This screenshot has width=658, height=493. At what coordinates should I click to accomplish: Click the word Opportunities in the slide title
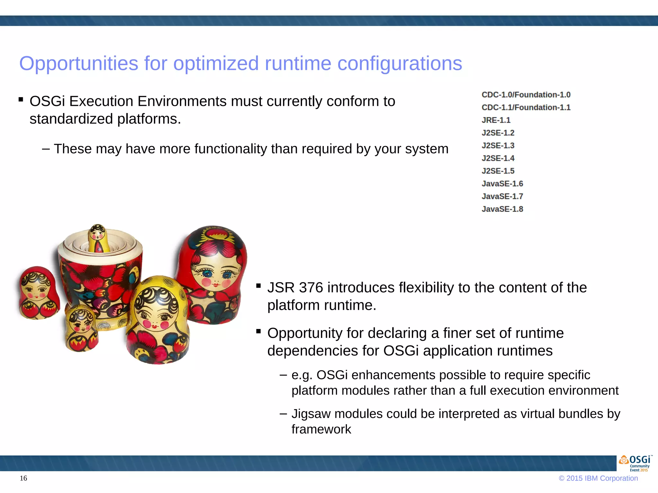[79, 64]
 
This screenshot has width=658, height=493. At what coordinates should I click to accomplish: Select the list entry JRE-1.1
[496, 120]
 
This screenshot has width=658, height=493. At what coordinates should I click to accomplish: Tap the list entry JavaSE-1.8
[502, 209]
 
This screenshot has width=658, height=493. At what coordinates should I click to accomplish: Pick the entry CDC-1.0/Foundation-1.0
[526, 95]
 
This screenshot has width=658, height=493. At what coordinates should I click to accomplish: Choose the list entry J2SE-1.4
[498, 158]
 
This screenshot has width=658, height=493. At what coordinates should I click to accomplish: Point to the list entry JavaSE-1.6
[502, 184]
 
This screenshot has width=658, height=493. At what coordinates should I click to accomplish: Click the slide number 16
[23, 478]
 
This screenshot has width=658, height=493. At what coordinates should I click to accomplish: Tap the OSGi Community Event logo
[635, 463]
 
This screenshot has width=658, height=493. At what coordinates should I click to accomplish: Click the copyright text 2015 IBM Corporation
[602, 478]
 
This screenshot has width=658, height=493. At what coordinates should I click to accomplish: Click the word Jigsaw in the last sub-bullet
[311, 414]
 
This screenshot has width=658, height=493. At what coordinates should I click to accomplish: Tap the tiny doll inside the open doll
[98, 239]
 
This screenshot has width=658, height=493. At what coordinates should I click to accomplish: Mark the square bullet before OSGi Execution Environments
[21, 99]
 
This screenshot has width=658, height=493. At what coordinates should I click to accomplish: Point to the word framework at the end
[321, 429]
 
